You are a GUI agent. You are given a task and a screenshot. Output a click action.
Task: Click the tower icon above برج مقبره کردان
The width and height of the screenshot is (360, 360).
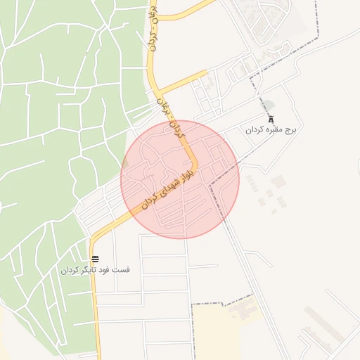pos(271,118)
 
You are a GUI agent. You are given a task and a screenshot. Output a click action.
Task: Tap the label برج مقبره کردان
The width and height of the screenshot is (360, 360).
pos(271,130)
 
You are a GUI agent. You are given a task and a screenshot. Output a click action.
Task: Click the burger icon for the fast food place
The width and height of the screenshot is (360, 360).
pos(95,259)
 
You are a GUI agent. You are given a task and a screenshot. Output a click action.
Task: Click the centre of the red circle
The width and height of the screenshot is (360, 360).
pos(180,179)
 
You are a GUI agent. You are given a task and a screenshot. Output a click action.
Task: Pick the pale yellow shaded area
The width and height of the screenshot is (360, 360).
pos(218,330)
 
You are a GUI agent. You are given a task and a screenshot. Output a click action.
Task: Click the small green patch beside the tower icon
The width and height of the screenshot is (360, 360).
pos(269,105)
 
